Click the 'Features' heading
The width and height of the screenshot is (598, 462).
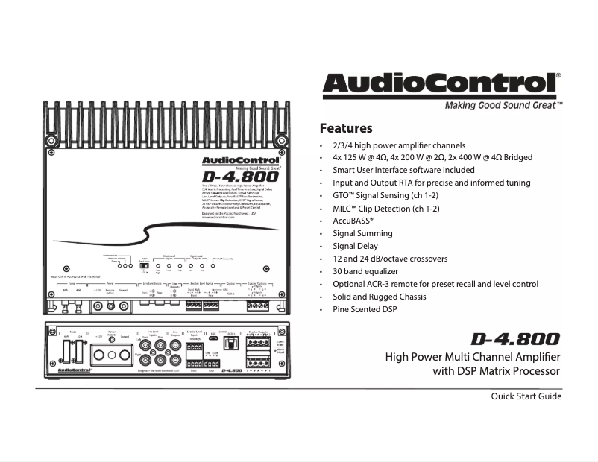(345, 128)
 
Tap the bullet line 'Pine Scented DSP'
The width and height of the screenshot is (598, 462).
(365, 309)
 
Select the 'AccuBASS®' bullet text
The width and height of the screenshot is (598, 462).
(353, 221)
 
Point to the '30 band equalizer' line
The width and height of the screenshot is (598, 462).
(365, 271)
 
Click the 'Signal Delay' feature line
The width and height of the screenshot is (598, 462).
(355, 246)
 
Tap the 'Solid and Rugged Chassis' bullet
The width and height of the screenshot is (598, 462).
(380, 297)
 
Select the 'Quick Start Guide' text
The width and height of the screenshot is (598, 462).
(526, 396)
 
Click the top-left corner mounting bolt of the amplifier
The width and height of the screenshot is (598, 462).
(51, 140)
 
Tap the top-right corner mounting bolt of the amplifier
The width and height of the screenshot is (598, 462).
(280, 140)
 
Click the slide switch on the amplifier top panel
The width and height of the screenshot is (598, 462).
(145, 265)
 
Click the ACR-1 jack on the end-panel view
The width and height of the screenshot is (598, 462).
(233, 342)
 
